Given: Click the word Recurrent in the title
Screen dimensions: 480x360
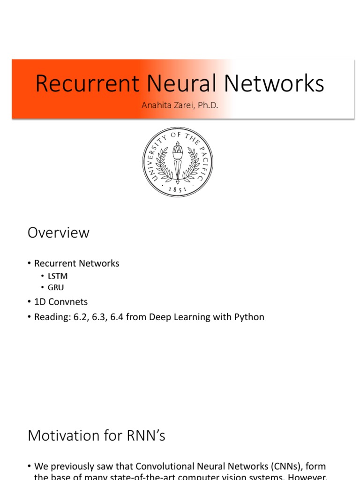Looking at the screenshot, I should pos(87,84).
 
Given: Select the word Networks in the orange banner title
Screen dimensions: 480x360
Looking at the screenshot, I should pos(274,84).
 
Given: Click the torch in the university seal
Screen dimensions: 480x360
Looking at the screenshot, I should pos(178,162).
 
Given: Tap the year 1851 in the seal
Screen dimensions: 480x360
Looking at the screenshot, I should pos(178,189).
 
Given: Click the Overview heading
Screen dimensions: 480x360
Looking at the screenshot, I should pos(59,232).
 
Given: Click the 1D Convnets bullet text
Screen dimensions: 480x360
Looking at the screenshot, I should pos(61,302).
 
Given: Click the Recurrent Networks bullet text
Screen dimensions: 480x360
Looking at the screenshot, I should pos(77,263).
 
